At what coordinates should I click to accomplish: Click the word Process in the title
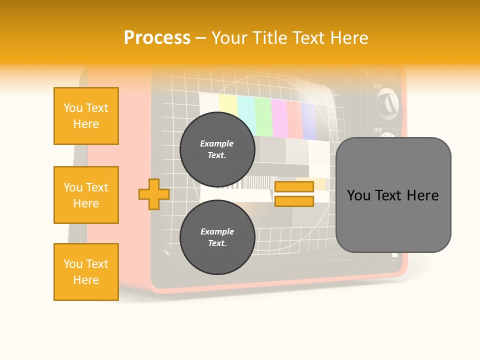pos(157,38)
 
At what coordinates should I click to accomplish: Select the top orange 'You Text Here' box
pos(86,116)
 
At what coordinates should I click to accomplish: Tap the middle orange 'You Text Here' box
pos(86,195)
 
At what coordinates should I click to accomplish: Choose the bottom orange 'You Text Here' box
pos(86,272)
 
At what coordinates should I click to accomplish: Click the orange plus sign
pos(154,194)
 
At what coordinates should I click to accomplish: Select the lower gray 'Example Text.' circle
pos(217,237)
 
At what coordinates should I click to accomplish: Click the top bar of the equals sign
pos(294,187)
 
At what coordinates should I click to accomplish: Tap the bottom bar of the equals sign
pos(294,201)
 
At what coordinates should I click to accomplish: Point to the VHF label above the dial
pos(378,86)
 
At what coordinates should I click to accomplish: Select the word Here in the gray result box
pos(422,195)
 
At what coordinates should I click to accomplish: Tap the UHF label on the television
pos(378,130)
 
